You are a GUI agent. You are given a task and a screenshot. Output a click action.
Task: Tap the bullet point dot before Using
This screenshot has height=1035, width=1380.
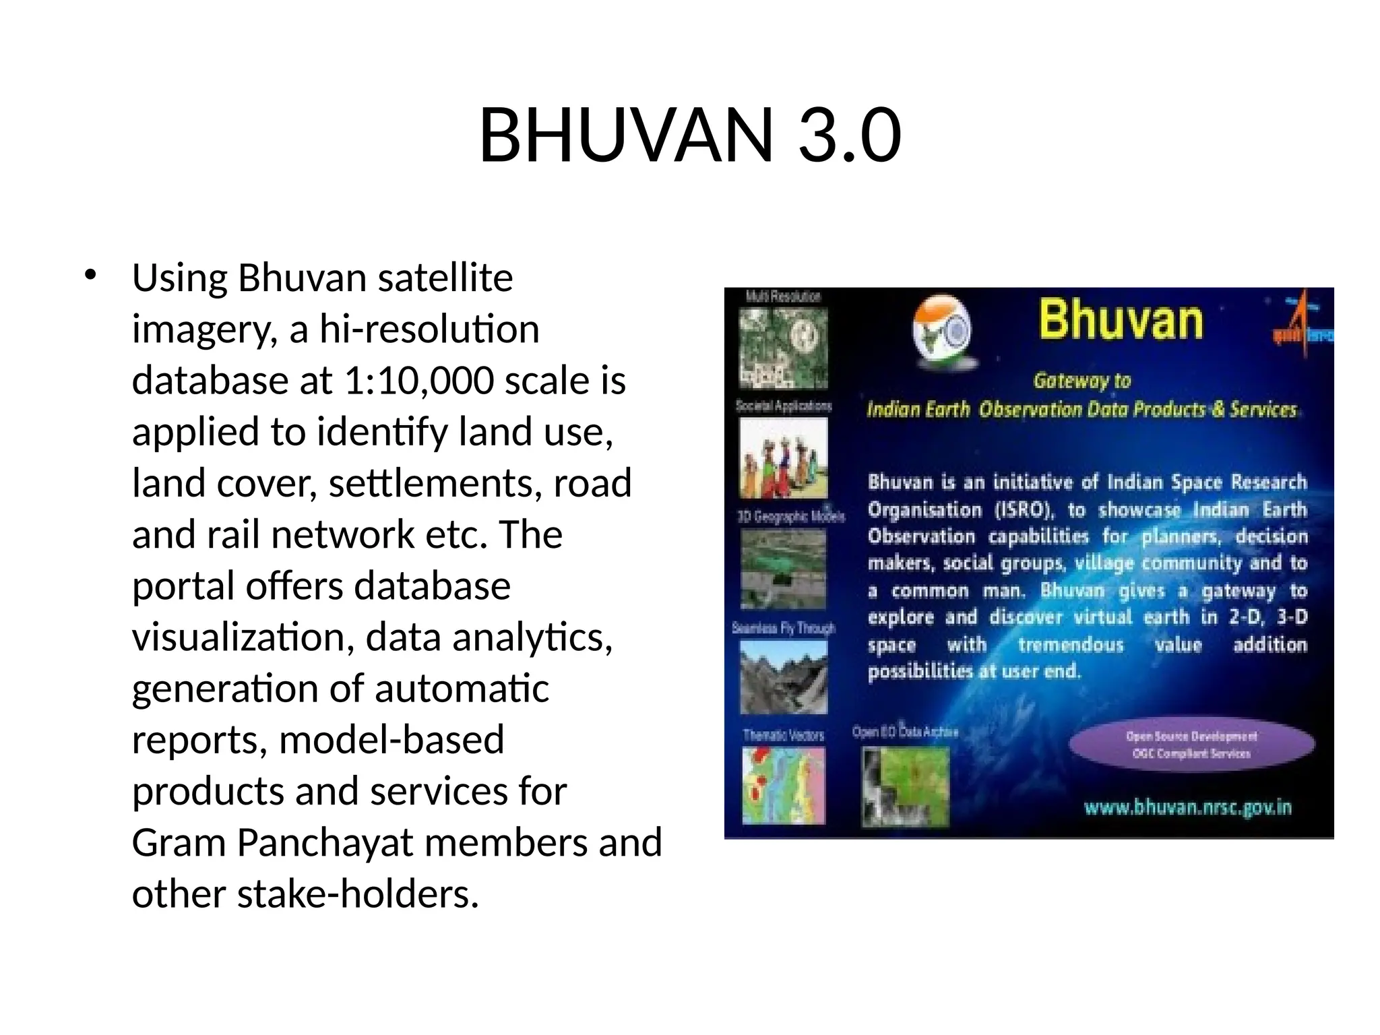pos(90,276)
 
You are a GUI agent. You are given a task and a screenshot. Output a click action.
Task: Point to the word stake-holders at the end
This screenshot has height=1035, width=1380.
pos(357,894)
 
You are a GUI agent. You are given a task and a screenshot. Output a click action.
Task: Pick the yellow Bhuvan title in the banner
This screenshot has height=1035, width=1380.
pos(1120,319)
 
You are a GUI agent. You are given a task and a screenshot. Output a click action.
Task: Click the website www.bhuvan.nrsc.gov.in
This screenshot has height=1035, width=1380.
pos(1187,807)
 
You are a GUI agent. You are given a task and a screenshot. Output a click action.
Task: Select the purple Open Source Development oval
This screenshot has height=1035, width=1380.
pos(1191,745)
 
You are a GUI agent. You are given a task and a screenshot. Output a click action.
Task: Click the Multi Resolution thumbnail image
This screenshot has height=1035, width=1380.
pos(783,348)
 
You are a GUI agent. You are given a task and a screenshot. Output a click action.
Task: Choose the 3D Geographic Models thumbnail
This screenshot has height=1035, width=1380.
pos(783,568)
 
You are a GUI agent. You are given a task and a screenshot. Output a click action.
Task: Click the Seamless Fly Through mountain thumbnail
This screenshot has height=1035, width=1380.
pos(783,677)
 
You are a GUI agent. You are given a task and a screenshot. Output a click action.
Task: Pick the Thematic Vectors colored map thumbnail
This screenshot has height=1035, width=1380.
pos(783,786)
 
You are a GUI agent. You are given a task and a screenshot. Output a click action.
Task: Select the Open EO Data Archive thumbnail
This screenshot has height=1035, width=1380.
pos(904,787)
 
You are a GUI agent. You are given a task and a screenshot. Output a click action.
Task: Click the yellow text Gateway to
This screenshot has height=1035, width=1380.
pos(1081,381)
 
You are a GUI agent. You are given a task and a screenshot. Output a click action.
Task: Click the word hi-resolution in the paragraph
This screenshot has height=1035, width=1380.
pos(429,330)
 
